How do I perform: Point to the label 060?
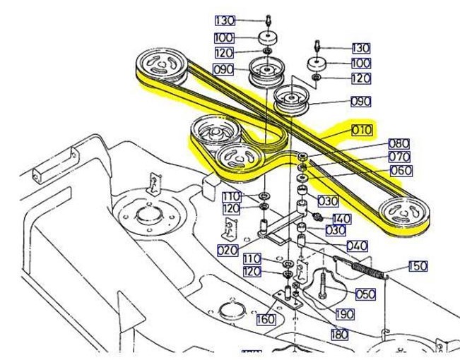(x=401, y=170)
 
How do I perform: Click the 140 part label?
(x=341, y=219)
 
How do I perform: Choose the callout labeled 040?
(x=356, y=246)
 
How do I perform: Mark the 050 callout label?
(x=365, y=293)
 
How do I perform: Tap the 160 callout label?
(x=265, y=319)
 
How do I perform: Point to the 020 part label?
(x=227, y=250)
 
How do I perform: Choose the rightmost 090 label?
(x=360, y=102)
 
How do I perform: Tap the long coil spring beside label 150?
(x=366, y=268)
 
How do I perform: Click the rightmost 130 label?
(x=360, y=48)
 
